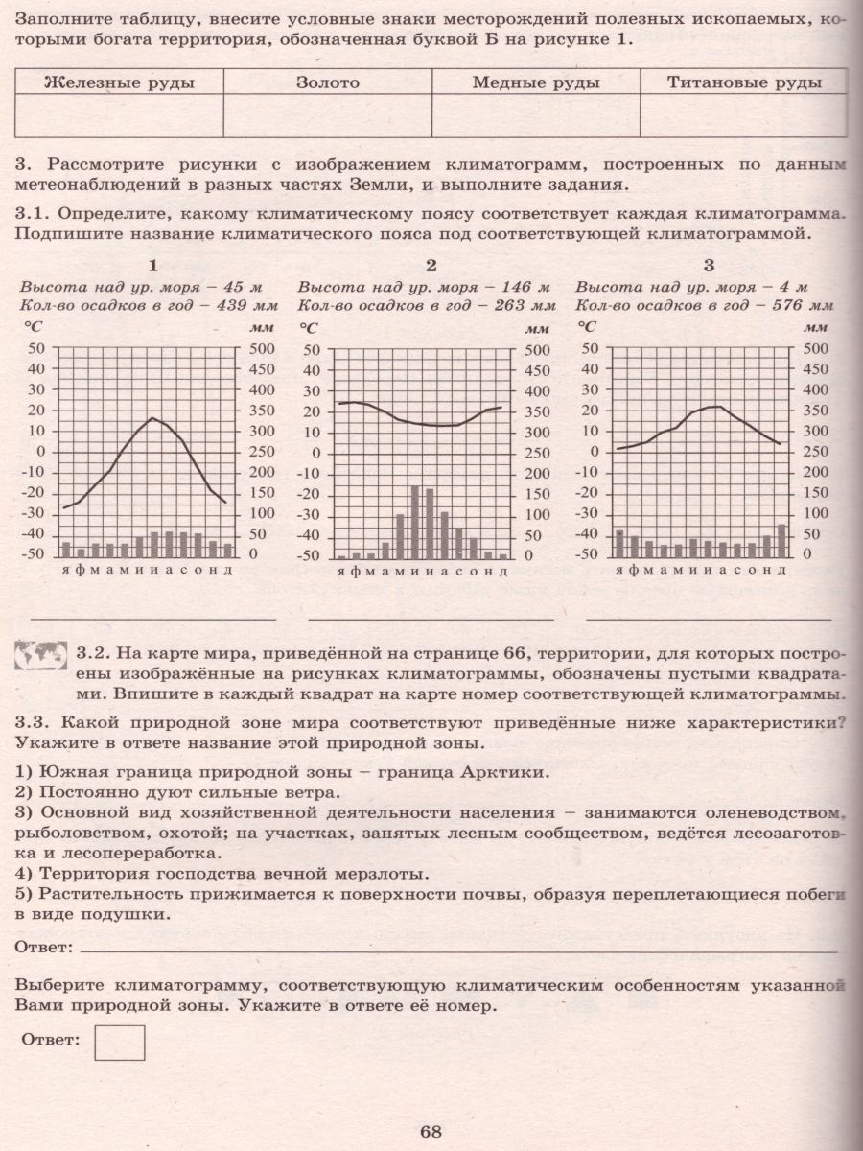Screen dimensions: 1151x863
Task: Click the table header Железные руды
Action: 120,82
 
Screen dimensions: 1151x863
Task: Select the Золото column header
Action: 328,82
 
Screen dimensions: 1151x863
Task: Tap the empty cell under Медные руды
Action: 536,117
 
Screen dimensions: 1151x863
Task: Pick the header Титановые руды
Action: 744,82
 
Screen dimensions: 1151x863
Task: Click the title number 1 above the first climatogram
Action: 152,266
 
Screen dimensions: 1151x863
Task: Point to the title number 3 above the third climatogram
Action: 709,266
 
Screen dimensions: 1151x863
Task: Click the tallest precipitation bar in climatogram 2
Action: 415,522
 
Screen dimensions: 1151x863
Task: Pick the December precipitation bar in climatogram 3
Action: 781,541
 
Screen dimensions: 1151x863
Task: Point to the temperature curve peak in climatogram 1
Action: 152,418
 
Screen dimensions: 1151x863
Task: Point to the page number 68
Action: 430,1131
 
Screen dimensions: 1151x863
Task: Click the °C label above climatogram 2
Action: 309,327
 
